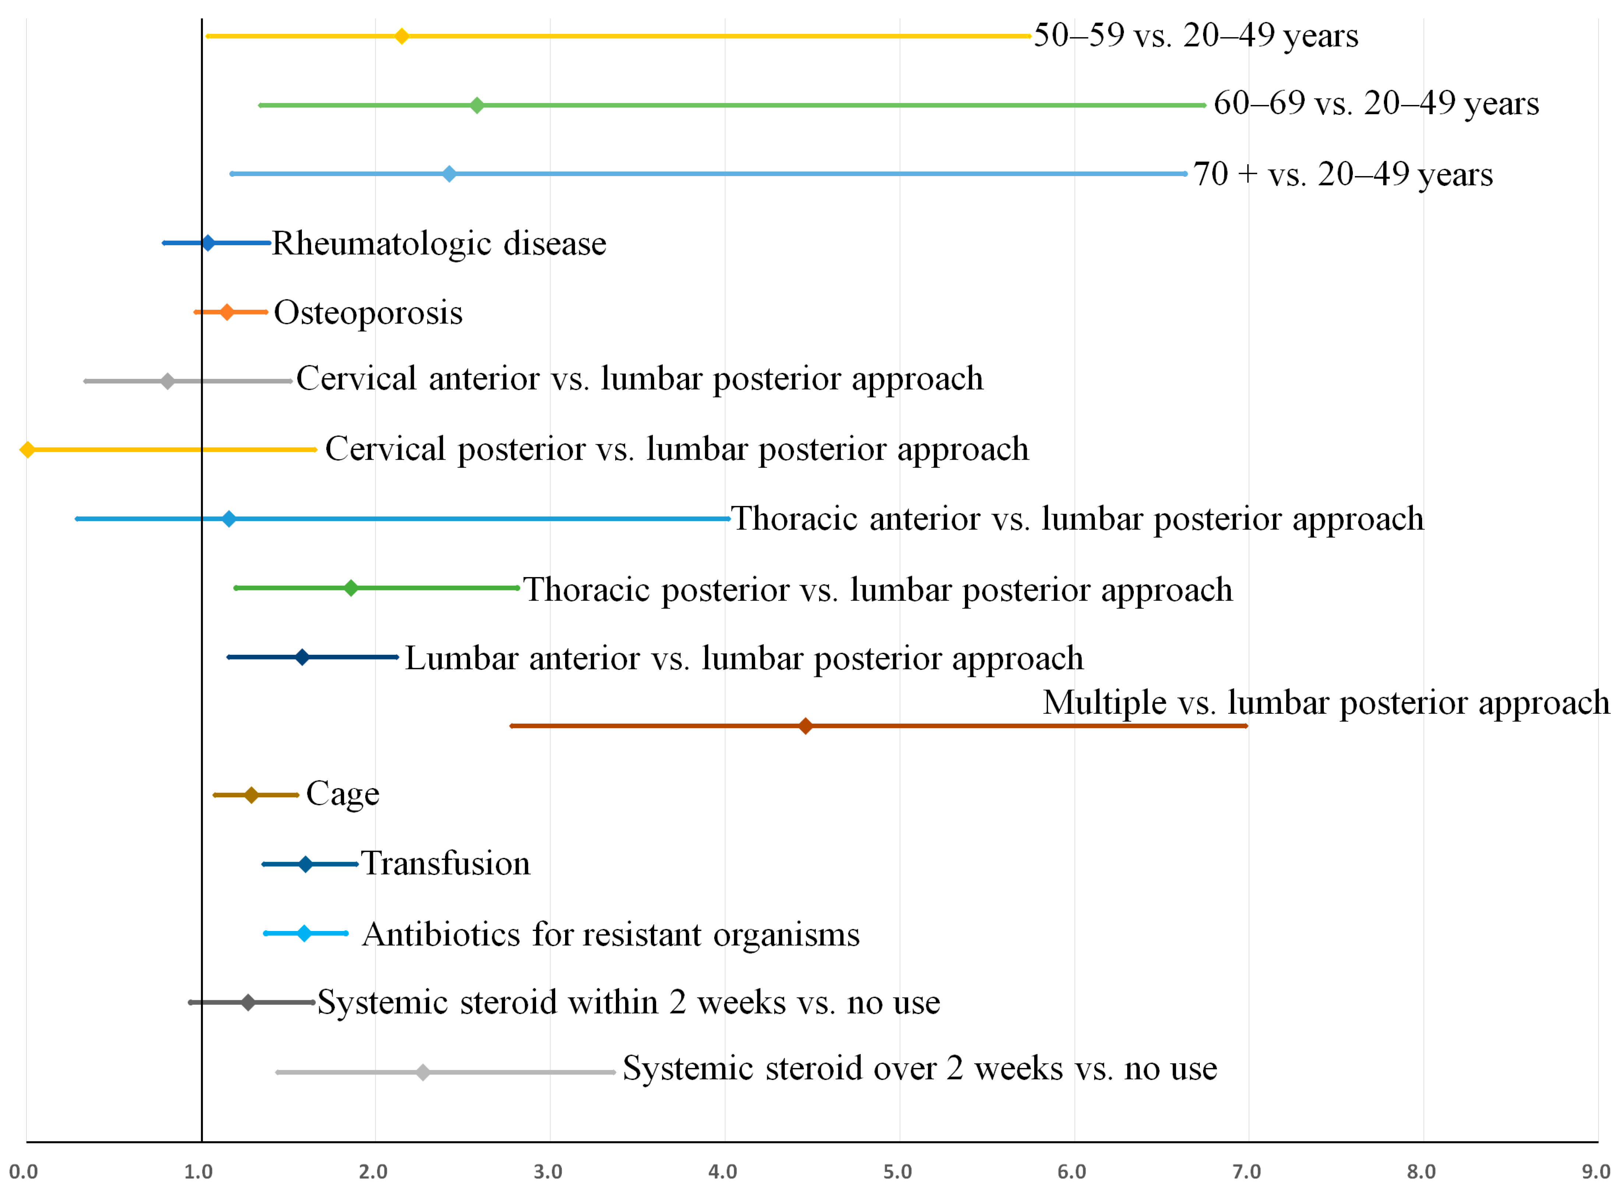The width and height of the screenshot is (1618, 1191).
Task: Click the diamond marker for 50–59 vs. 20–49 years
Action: pos(401,36)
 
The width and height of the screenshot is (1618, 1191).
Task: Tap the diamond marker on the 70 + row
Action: pos(449,174)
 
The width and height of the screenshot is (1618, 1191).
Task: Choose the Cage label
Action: pos(342,794)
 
